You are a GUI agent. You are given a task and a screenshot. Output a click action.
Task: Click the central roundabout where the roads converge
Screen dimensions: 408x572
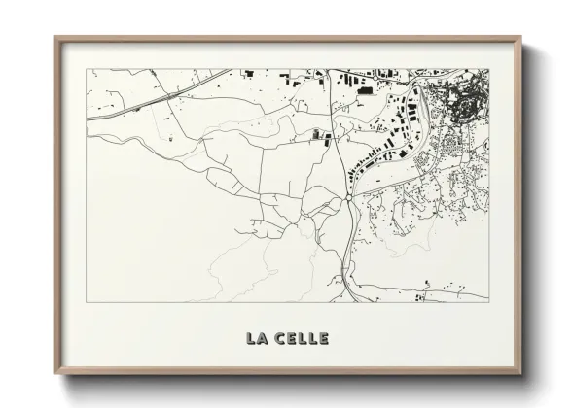347,198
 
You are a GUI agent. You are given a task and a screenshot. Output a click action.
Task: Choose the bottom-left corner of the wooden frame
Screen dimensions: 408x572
55,375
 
